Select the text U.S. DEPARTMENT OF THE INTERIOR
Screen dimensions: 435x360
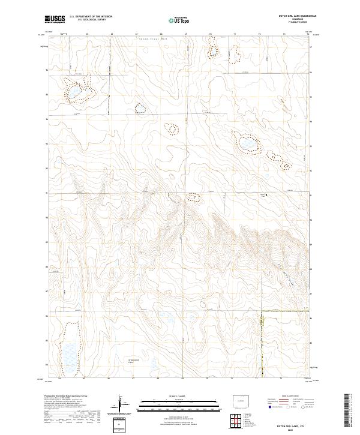pos(91,17)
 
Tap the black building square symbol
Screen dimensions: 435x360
pos(267,195)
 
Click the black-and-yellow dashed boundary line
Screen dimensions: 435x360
pos(262,342)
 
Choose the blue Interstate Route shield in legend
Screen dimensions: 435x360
pos(268,407)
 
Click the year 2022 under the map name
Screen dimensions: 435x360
pos(294,427)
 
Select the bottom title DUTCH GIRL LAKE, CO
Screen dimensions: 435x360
pos(294,422)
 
